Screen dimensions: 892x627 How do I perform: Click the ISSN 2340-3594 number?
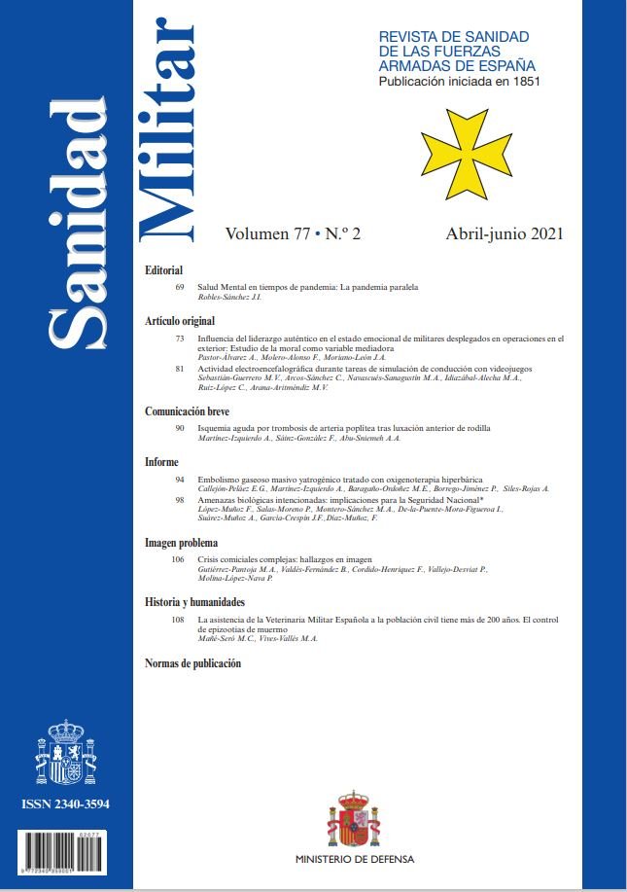click(66, 805)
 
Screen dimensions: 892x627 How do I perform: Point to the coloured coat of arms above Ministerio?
click(354, 819)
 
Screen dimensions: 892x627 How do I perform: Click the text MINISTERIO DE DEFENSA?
click(355, 860)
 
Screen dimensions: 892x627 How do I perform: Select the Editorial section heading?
click(163, 269)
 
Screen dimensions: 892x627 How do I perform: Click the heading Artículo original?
click(179, 320)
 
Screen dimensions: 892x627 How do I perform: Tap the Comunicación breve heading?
click(187, 411)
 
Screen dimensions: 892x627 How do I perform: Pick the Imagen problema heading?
click(181, 542)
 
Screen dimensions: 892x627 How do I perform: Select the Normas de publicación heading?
click(192, 663)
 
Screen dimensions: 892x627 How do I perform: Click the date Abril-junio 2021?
click(505, 234)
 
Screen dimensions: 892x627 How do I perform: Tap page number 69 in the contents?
click(180, 288)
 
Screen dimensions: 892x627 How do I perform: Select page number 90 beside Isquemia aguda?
click(180, 429)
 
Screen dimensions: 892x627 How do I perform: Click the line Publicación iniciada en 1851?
click(459, 82)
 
